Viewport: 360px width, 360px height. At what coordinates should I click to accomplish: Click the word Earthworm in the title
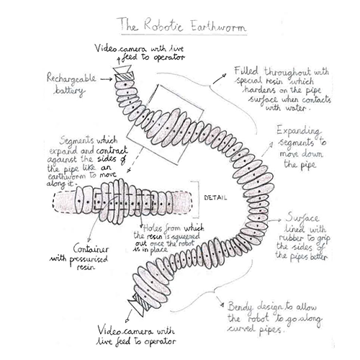218,26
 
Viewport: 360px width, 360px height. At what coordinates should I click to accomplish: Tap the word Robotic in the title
164,24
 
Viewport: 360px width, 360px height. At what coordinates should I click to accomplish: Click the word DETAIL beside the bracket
215,198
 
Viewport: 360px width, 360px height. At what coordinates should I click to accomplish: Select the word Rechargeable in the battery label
71,78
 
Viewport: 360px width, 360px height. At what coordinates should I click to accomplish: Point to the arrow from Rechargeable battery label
106,79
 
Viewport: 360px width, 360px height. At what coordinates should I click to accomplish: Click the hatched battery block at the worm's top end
125,76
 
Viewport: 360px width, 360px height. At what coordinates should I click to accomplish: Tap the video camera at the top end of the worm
122,68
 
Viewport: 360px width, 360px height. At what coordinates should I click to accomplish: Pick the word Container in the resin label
91,249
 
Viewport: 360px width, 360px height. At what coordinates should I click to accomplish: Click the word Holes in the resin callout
153,228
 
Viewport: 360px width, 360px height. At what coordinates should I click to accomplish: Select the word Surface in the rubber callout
302,218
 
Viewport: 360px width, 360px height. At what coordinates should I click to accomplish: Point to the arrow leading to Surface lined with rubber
275,220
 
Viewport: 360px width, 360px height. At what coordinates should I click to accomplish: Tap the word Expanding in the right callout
298,131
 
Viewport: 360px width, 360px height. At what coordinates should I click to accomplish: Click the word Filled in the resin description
246,71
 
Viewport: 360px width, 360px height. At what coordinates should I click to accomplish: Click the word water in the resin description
295,107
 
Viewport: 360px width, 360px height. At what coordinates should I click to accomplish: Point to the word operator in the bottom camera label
160,341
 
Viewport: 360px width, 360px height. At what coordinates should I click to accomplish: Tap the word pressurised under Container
89,259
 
